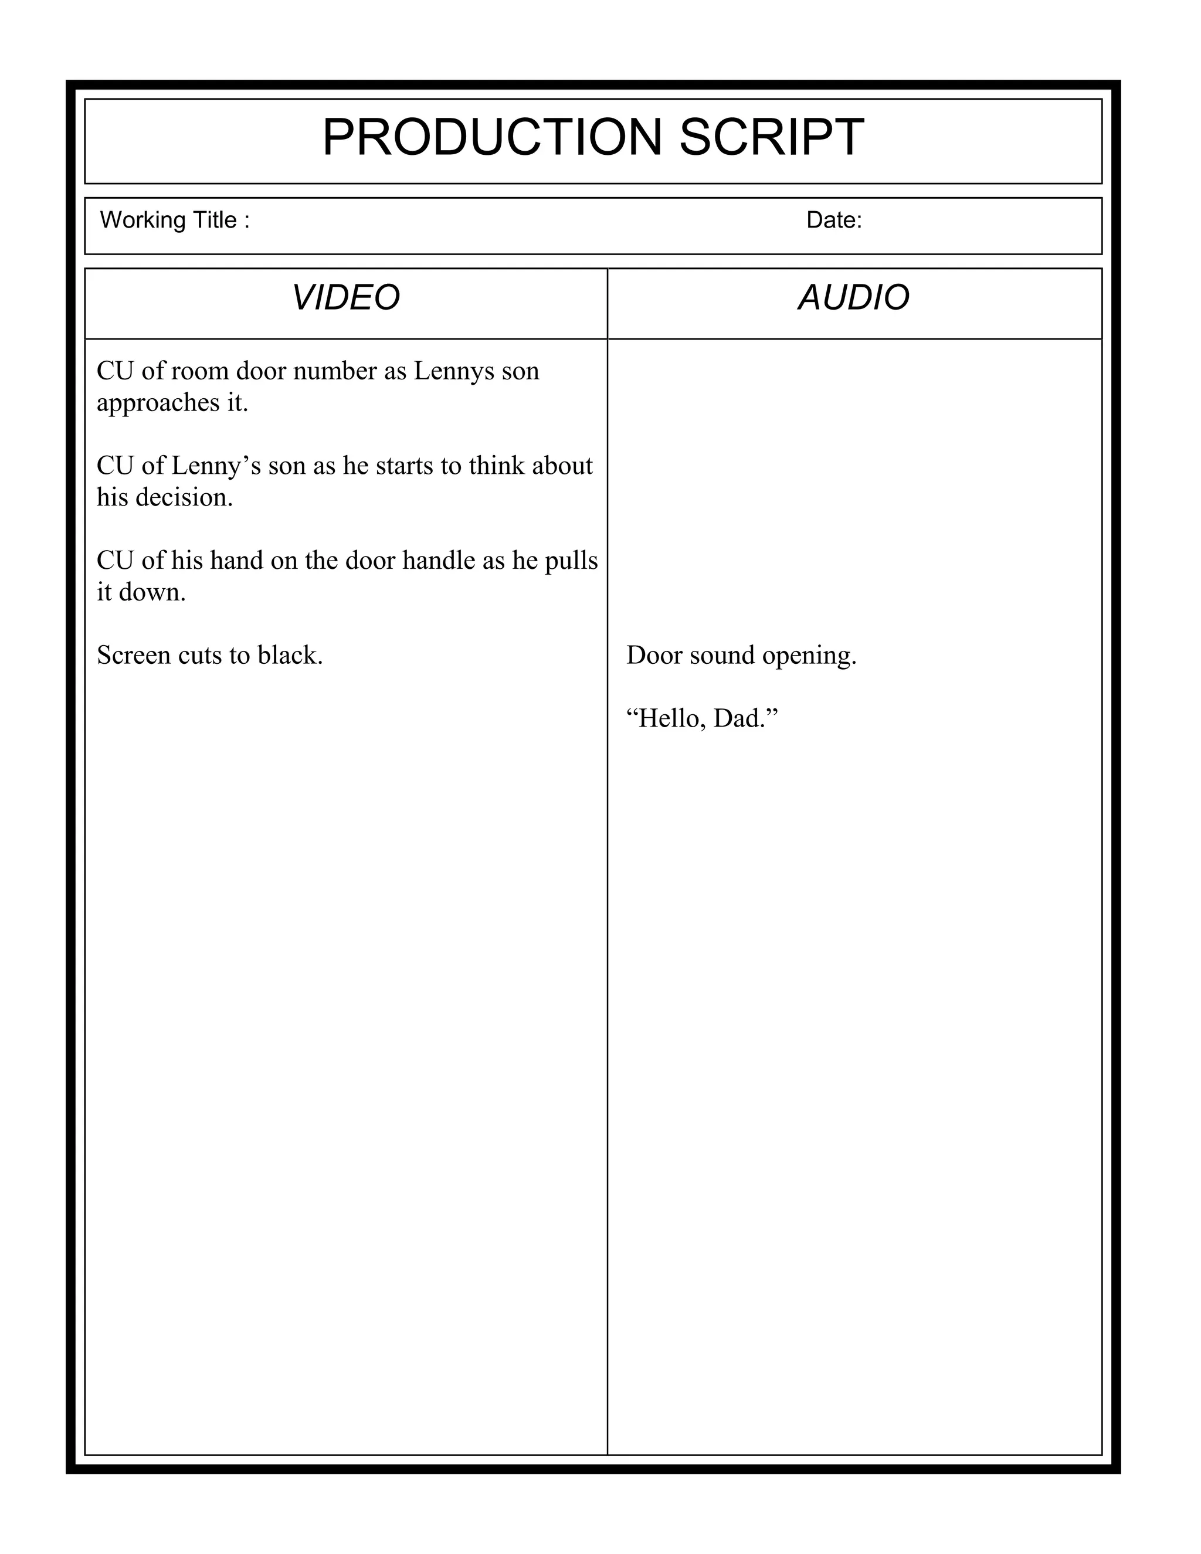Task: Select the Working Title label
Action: (x=174, y=220)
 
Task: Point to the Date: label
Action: (x=834, y=220)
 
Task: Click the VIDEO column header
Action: (x=346, y=297)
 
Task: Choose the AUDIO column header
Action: (x=854, y=297)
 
